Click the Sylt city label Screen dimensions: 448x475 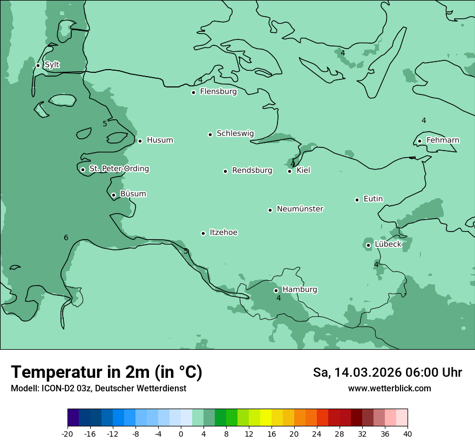point(52,65)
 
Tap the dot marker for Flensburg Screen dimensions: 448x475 point(193,92)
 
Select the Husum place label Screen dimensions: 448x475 point(160,140)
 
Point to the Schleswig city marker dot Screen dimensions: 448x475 point(211,134)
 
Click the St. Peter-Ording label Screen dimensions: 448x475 point(119,169)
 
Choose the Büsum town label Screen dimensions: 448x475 point(133,194)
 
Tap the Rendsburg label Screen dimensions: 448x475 point(252,171)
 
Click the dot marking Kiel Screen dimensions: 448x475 point(290,171)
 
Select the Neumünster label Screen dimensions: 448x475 point(300,209)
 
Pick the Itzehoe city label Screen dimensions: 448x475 point(223,233)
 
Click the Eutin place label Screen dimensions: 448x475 point(373,199)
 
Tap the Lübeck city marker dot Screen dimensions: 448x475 point(369,245)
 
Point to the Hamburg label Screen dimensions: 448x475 point(300,290)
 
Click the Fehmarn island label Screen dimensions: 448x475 point(443,140)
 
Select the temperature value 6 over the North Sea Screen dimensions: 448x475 point(66,238)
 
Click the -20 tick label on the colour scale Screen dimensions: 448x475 point(67,433)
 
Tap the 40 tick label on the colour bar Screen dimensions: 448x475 point(408,433)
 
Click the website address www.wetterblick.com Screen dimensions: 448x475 point(389,389)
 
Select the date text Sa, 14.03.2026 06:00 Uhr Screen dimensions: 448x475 point(387,372)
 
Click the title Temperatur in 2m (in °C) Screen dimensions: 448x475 point(106,372)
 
